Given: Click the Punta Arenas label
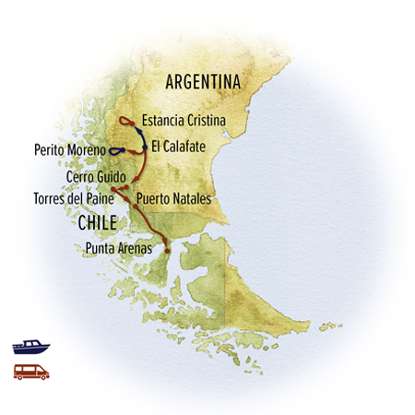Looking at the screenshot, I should click(x=119, y=247).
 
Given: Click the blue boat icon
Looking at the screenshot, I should click(x=30, y=348).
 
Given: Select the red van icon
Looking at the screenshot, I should click(x=30, y=371).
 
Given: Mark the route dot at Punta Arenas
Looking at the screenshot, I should click(x=167, y=249).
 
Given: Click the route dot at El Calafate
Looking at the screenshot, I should click(x=144, y=146).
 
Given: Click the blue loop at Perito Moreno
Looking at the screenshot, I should click(x=116, y=150).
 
